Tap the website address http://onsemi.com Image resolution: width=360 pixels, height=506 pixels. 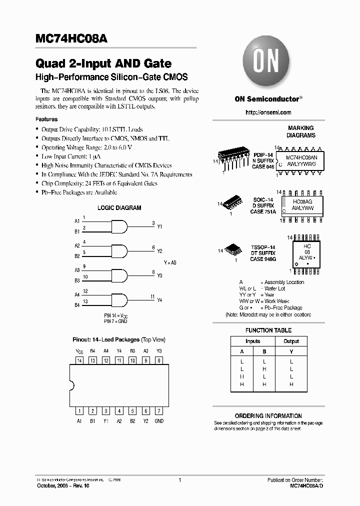pyautogui.click(x=268, y=112)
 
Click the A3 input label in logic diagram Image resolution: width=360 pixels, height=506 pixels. pyautogui.click(x=77, y=269)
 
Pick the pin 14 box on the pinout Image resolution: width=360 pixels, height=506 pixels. pyautogui.click(x=79, y=360)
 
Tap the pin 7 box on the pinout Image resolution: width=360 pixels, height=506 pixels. pyautogui.click(x=159, y=411)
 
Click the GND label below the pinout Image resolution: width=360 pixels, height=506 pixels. pyautogui.click(x=159, y=421)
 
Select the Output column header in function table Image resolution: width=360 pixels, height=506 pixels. pyautogui.click(x=291, y=341)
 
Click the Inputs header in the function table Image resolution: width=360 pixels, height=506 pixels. pyautogui.click(x=253, y=341)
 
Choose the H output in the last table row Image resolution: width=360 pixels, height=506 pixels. pyautogui.click(x=291, y=384)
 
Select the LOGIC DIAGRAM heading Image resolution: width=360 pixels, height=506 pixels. pyautogui.click(x=119, y=208)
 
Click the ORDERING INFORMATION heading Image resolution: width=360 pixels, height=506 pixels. pyautogui.click(x=268, y=416)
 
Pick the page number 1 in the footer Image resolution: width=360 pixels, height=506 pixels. pyautogui.click(x=179, y=480)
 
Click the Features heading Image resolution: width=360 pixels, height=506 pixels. pyautogui.click(x=46, y=119)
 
